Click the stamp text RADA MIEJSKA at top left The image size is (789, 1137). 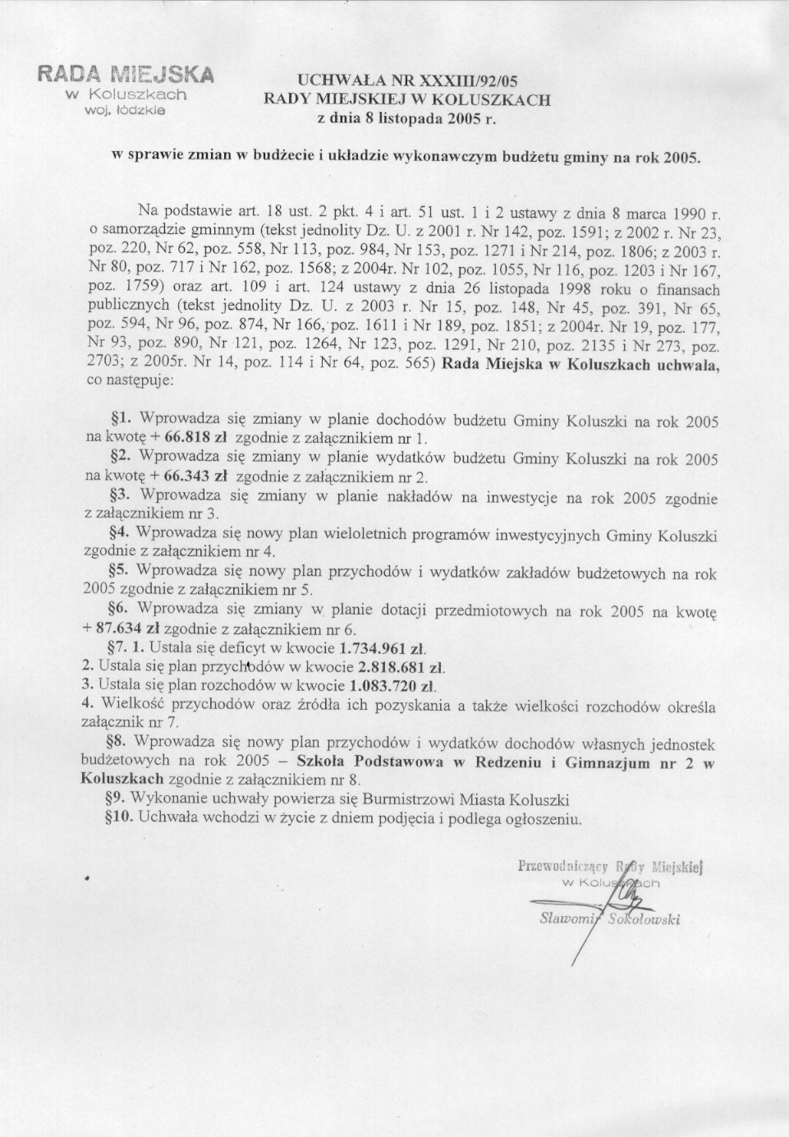pos(125,75)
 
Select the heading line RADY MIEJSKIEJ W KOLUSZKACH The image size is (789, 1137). pos(406,99)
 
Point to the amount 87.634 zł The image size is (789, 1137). pos(128,628)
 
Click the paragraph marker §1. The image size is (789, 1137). pos(122,419)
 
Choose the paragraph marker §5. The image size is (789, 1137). pos(122,570)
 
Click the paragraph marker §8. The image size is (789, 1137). pos(122,743)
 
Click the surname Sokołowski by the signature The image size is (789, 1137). pos(645,920)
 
